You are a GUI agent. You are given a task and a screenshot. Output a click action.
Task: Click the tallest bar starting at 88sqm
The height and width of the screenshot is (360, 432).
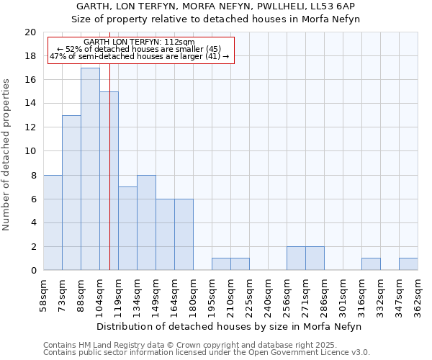coord(90,169)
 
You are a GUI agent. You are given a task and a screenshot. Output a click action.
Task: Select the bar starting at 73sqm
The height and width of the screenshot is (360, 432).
coord(71,193)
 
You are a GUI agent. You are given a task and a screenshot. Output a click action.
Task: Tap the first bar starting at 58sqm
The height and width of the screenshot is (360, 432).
coord(53,222)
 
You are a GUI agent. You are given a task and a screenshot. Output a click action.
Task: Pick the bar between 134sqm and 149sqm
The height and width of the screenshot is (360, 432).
coord(146,222)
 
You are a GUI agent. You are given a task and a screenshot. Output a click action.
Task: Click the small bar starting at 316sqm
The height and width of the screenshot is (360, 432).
coord(371,264)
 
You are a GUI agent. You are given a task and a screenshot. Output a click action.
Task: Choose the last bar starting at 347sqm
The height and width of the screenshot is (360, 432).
coord(408,264)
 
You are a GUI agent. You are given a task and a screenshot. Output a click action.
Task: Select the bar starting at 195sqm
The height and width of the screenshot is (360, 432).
coord(221,264)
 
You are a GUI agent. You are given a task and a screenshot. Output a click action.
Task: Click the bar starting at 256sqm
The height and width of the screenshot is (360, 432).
coord(296,258)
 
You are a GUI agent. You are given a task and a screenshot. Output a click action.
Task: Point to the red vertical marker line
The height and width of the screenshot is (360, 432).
coord(109,180)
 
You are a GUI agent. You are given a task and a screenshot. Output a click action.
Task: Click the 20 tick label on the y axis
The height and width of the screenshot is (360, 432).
coord(30,32)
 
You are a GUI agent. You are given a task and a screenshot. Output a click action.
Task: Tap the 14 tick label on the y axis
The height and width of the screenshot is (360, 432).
coord(30,104)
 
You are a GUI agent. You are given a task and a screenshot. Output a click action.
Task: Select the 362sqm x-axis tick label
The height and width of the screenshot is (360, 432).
coord(418,297)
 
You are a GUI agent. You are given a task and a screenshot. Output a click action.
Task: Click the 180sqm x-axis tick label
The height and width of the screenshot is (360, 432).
coord(193,297)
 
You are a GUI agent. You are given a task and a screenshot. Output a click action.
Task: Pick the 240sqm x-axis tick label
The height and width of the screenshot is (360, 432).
coord(268,297)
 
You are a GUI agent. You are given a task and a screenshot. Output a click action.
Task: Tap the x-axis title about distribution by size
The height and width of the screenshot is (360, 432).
coord(230,326)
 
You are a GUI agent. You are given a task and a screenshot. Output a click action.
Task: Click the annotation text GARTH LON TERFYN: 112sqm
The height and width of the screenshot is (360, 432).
coord(139,42)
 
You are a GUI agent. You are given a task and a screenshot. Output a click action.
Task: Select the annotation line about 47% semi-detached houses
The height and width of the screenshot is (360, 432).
coord(139,56)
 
